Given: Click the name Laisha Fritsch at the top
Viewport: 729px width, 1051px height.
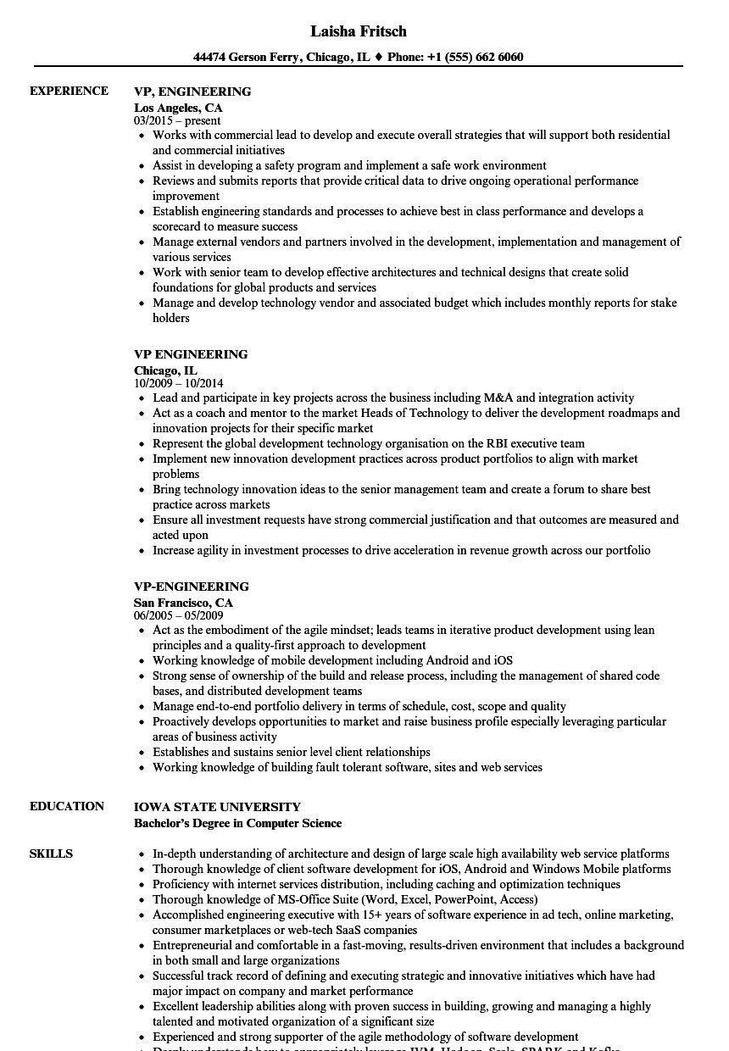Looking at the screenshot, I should (x=358, y=31).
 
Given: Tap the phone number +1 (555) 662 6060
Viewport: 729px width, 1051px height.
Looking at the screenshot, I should (x=478, y=58).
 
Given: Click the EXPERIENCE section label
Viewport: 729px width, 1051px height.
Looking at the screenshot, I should (x=69, y=91).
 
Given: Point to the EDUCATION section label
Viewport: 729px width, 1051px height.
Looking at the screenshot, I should (x=67, y=806).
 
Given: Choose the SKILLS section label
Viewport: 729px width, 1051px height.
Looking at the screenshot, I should (x=51, y=854).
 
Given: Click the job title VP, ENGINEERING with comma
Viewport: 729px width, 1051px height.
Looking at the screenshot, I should (x=192, y=92).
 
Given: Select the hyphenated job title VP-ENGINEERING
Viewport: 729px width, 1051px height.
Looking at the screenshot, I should (x=192, y=587).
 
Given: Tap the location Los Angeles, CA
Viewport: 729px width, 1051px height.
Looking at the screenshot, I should (x=178, y=108).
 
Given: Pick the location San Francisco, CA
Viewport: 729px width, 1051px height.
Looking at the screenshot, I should (x=183, y=603).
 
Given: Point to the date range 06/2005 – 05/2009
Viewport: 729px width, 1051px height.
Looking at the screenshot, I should (x=178, y=615).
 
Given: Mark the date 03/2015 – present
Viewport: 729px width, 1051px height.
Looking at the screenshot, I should (x=177, y=120).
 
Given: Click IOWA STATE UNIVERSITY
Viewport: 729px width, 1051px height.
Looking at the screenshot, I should (x=217, y=807).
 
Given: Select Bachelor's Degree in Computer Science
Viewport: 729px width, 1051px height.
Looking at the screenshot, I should (x=237, y=823).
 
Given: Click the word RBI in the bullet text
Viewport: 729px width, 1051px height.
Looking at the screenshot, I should (x=498, y=443).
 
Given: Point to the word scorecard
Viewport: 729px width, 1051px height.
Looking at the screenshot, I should (x=180, y=226).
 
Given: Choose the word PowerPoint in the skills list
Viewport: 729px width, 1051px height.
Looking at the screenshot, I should (x=459, y=899).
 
